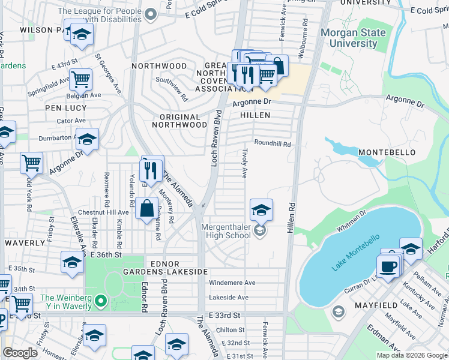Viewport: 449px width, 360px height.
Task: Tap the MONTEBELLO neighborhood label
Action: click(x=387, y=153)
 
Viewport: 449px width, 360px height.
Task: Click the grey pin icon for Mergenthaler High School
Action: click(x=259, y=231)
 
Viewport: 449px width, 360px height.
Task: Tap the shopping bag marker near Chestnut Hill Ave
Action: click(x=147, y=209)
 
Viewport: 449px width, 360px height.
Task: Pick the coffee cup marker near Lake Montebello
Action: click(x=388, y=266)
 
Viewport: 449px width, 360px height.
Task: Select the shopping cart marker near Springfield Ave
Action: click(x=80, y=78)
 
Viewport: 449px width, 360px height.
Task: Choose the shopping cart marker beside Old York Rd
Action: click(x=31, y=162)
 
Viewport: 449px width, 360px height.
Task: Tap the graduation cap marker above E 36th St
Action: click(x=72, y=262)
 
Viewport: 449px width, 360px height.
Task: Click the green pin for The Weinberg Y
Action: click(x=101, y=300)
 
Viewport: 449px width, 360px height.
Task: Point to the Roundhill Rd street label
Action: click(x=272, y=144)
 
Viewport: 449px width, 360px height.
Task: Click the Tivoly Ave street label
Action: click(x=244, y=164)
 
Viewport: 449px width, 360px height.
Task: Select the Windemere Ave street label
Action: click(x=232, y=283)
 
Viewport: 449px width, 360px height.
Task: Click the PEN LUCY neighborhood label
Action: click(x=65, y=108)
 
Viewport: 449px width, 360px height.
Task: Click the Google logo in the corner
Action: click(x=20, y=353)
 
